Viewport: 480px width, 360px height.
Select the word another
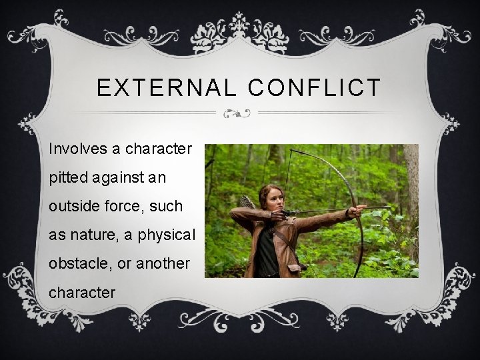(x=163, y=263)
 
